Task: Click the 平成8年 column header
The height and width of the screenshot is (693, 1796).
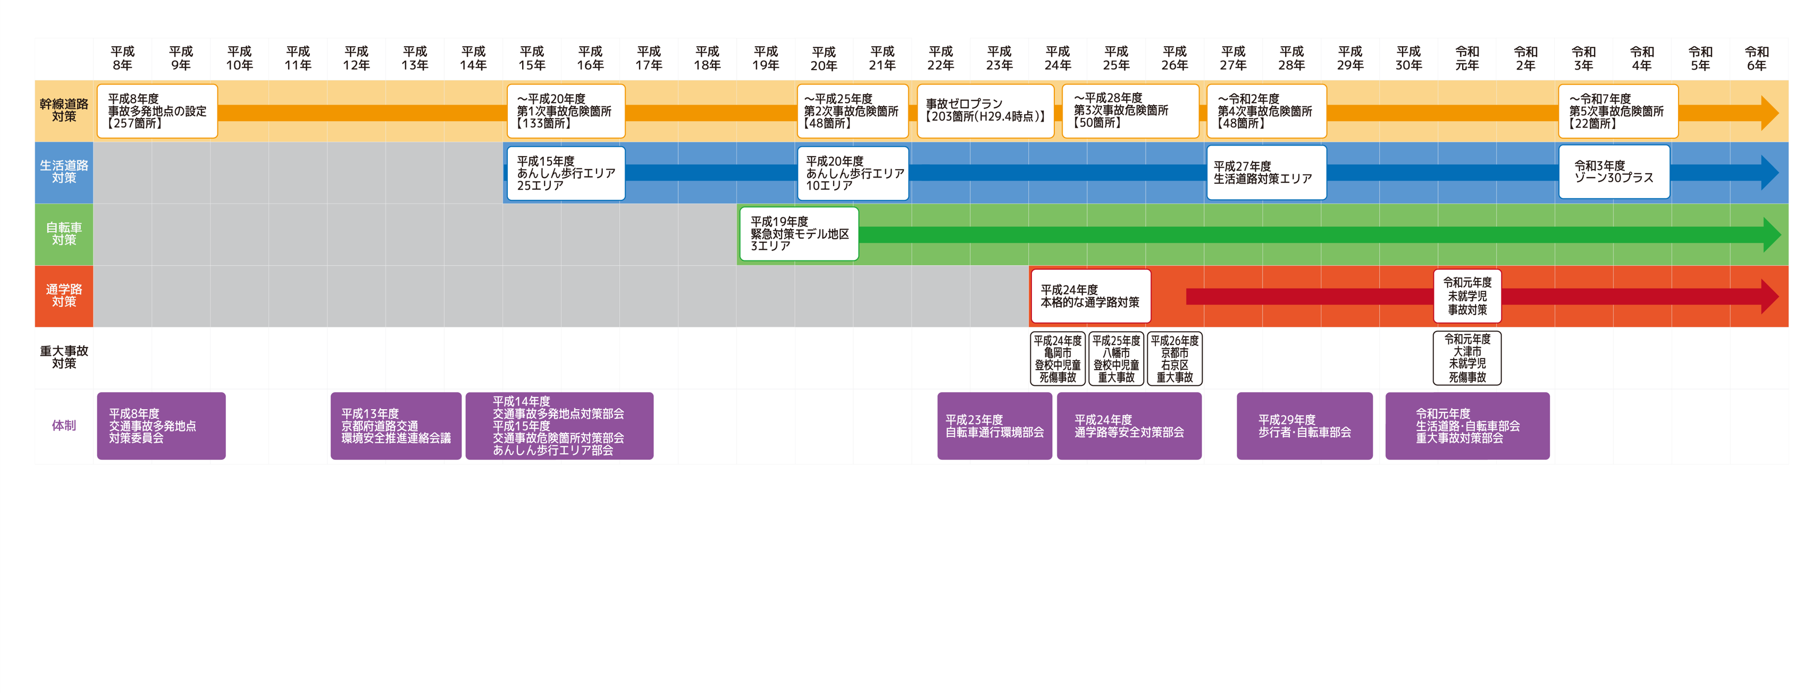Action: [x=123, y=58]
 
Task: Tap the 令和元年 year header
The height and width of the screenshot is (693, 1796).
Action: [x=1467, y=58]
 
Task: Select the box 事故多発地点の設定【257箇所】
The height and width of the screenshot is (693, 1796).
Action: [x=157, y=111]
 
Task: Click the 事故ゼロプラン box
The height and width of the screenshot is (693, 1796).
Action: [x=985, y=111]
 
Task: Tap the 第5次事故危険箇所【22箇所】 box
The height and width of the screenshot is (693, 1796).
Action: [x=1617, y=111]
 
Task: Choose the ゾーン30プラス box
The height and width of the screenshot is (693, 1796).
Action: [x=1614, y=172]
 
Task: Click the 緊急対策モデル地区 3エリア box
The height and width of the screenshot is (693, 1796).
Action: [x=799, y=233]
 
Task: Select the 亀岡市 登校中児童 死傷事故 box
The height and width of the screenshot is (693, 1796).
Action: [x=1058, y=358]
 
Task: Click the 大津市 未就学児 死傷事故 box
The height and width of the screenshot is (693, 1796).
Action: [x=1467, y=358]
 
